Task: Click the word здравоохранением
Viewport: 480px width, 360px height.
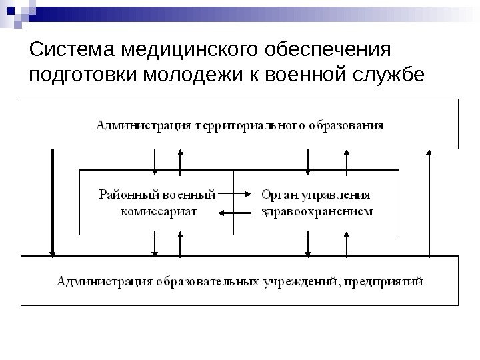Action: [316, 212]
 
